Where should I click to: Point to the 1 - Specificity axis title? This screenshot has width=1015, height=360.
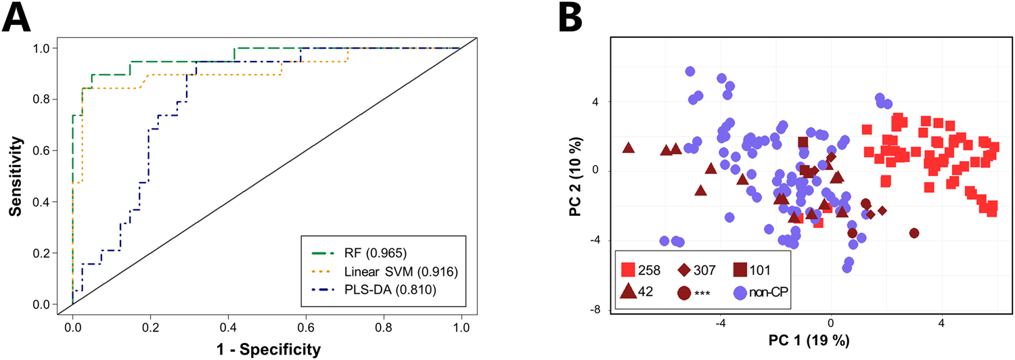pos(267,349)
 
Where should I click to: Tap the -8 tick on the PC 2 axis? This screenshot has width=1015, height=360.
pos(597,310)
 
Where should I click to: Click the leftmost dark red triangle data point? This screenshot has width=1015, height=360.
pos(628,148)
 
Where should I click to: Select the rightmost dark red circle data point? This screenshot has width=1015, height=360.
pos(914,233)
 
